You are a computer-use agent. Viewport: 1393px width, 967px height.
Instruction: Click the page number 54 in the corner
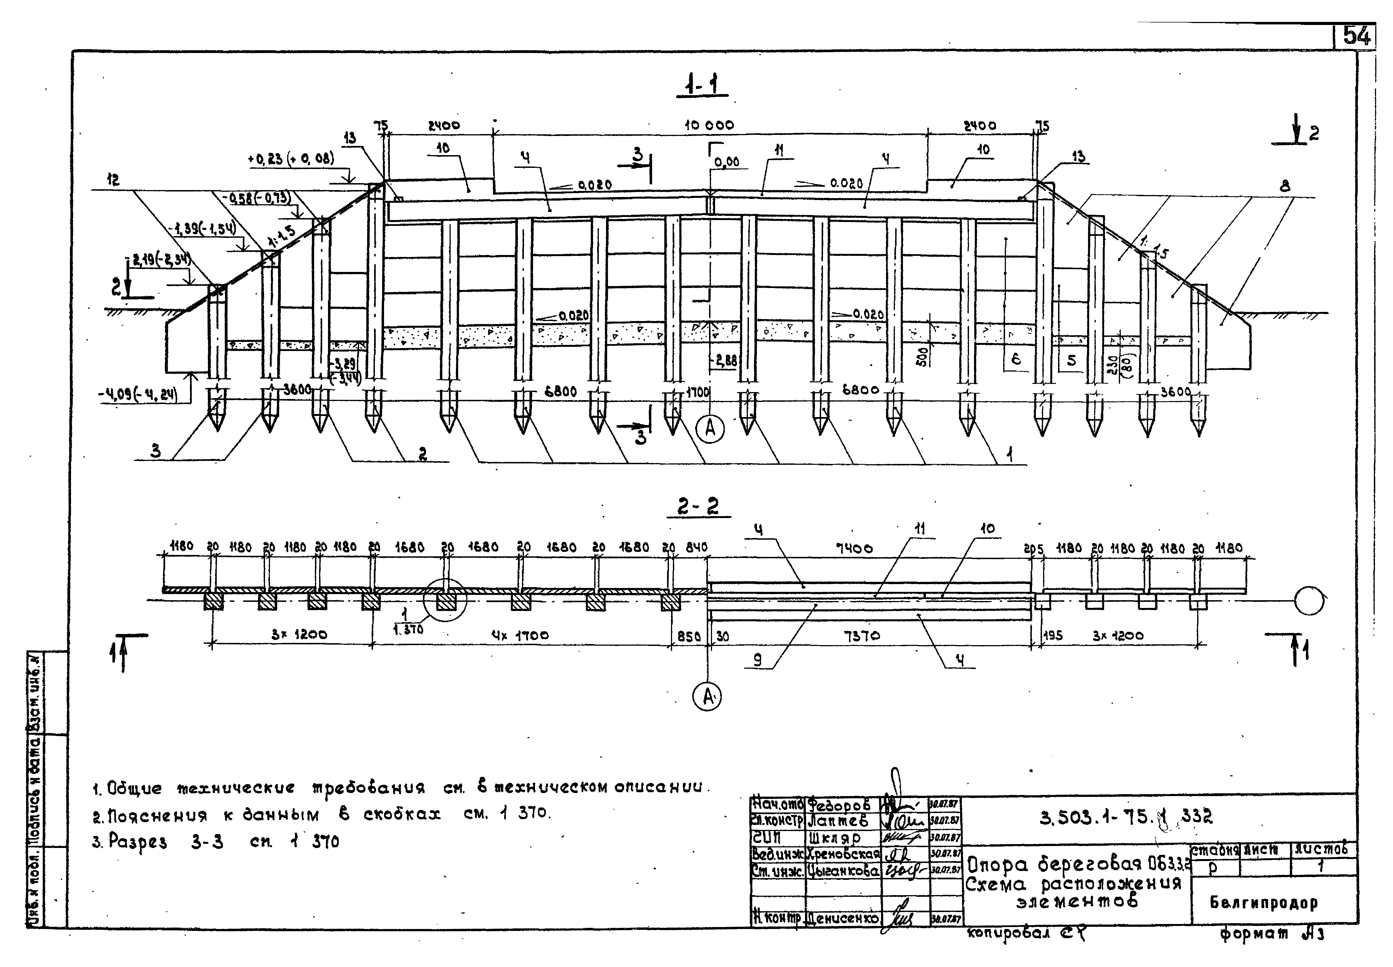pos(1356,36)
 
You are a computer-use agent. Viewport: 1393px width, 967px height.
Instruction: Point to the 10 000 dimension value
pos(709,125)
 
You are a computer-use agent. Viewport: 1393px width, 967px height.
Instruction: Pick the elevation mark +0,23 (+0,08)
pos(291,159)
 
